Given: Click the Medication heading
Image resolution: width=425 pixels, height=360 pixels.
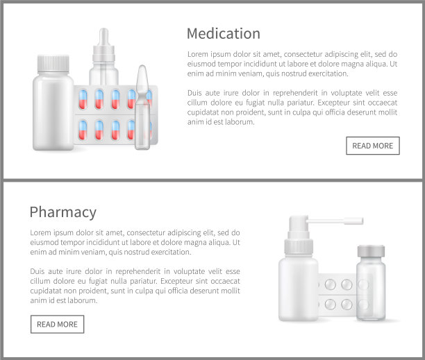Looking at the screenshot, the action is [x=224, y=33].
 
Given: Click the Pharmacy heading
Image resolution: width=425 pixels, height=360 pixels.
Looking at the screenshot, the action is [x=63, y=212].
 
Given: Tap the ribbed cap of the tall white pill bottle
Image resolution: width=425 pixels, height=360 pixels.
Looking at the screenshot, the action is [x=53, y=64].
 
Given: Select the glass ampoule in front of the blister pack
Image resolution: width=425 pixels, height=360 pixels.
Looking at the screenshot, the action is [x=142, y=108].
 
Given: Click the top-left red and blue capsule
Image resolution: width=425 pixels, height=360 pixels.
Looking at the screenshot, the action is [x=83, y=99].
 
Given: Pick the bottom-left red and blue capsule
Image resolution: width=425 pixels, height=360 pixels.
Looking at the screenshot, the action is [x=83, y=130].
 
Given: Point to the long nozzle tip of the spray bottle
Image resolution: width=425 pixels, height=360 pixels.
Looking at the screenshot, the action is [x=353, y=221].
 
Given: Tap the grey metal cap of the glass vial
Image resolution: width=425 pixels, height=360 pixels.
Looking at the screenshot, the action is [x=371, y=251].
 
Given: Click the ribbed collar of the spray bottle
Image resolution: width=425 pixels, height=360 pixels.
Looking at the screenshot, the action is [x=299, y=246].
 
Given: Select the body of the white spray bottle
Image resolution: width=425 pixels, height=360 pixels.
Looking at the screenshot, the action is [x=299, y=289].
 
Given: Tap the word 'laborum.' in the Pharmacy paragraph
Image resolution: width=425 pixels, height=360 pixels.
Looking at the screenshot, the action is [x=81, y=300].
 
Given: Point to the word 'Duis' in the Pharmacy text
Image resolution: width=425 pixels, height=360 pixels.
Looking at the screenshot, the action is [x=37, y=271].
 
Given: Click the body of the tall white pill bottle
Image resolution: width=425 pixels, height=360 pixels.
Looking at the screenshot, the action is [x=53, y=112].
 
